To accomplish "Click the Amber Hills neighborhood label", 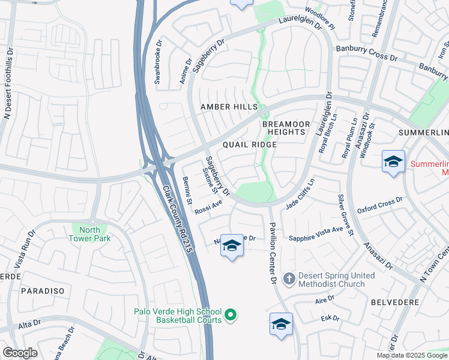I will coord(229,107).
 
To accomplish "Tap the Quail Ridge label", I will coord(250,145).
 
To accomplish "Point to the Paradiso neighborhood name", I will coord(42,290).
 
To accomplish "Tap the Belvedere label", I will coord(394,303).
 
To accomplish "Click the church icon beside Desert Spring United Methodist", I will coord(289,279).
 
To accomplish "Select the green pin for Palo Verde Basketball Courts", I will coord(229,314).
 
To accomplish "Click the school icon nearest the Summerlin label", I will coord(393,162).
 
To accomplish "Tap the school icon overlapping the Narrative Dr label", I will coord(232,245).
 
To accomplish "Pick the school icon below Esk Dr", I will coord(281,325).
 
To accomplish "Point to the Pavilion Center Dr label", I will coord(272,251).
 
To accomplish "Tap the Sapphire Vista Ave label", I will coord(315,233).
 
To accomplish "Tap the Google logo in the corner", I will coord(20,353).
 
